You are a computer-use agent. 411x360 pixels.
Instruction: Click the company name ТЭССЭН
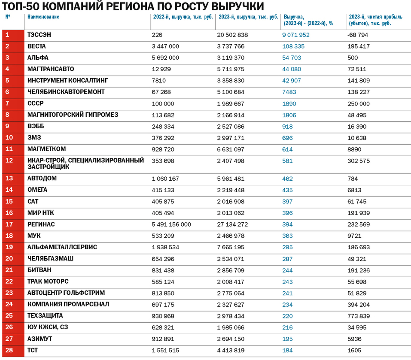point(39,35)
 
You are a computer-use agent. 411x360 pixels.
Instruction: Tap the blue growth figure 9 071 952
point(295,35)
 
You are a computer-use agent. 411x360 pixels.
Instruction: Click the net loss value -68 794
point(357,35)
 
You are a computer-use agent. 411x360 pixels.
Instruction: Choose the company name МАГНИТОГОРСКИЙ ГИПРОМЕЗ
point(73,115)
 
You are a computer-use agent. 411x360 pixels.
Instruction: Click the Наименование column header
point(43,17)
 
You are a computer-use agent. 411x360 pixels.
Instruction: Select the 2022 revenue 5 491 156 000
point(171,224)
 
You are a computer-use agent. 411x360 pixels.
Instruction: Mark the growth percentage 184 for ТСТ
point(287,350)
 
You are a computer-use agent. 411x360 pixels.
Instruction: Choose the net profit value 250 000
point(359,103)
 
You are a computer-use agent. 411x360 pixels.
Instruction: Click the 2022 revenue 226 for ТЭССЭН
point(156,35)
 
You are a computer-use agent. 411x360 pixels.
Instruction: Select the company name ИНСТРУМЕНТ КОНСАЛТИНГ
point(67,80)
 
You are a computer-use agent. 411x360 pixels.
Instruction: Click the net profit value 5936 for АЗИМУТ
point(355,339)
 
